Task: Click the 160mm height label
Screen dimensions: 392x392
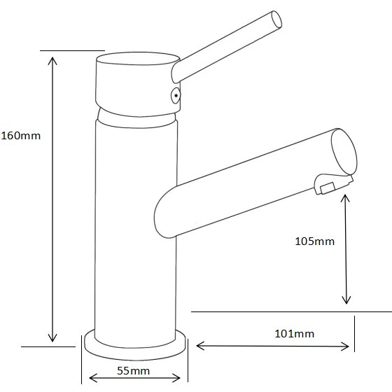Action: [21, 136]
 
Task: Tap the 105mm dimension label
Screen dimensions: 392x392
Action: [315, 241]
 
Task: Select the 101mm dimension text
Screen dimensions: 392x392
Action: [295, 334]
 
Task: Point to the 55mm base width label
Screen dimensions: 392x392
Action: [134, 371]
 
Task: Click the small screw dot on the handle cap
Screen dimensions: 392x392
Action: [176, 95]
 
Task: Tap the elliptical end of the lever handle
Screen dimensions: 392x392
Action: [276, 20]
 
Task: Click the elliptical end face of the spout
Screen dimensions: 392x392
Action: [344, 152]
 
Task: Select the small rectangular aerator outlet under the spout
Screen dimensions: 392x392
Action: [328, 188]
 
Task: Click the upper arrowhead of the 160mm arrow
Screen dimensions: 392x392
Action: [52, 60]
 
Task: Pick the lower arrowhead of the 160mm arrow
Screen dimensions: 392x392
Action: [52, 338]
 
